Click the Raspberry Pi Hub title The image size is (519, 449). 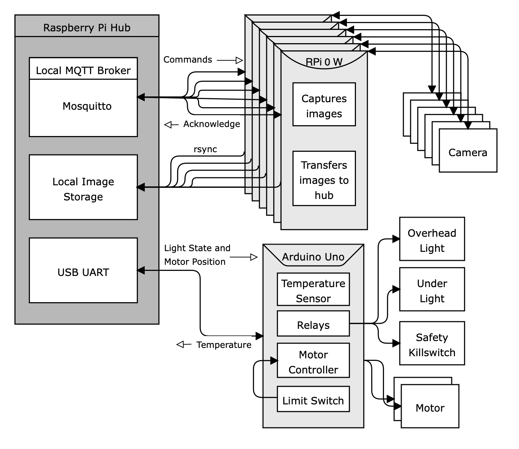[87, 28]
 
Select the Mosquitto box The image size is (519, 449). [83, 108]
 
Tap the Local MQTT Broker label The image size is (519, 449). [83, 70]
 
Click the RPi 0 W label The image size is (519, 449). [324, 62]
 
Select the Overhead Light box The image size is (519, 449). [432, 239]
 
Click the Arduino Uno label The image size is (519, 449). [313, 257]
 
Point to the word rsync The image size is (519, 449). [205, 149]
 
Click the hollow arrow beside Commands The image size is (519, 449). [239, 60]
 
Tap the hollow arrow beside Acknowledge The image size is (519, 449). [168, 124]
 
